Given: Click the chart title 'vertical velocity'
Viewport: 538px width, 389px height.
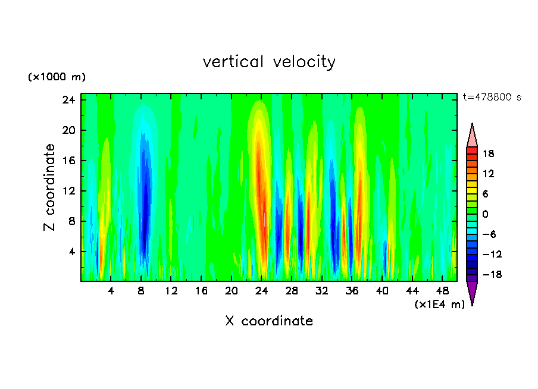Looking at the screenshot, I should [x=269, y=62].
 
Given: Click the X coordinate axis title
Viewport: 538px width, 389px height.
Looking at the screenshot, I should [x=269, y=321].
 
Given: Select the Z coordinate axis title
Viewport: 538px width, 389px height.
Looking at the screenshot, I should [x=50, y=187].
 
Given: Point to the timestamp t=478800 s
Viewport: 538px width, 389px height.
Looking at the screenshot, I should [x=492, y=98].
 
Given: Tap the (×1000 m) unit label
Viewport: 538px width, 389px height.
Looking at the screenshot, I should [x=57, y=77].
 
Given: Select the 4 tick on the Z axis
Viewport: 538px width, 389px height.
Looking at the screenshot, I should [x=72, y=252].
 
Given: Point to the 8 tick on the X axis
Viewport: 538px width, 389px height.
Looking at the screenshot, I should [x=141, y=291].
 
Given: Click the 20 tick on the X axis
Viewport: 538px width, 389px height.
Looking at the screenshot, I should [x=232, y=291].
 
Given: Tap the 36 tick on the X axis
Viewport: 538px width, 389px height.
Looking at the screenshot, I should [x=352, y=291].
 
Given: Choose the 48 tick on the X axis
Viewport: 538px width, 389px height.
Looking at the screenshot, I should [x=443, y=291].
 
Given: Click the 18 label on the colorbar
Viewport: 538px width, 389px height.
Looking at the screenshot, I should [x=488, y=153].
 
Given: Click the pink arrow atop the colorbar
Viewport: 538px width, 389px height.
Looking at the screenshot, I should [x=472, y=136].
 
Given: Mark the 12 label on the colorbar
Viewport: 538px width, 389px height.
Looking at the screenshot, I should [x=488, y=174].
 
